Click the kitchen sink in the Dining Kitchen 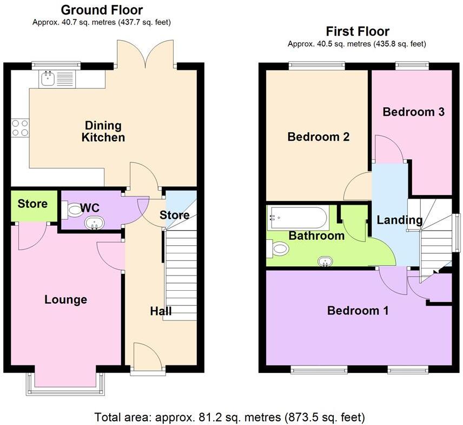[57, 80]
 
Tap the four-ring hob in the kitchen [21, 128]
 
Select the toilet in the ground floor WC [70, 209]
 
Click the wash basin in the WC [95, 223]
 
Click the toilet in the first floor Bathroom [279, 249]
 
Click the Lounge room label [65, 299]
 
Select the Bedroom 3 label [413, 112]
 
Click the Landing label [399, 220]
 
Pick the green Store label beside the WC [32, 204]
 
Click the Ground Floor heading [102, 10]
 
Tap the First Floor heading [357, 31]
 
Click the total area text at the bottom [229, 417]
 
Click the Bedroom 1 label [358, 311]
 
